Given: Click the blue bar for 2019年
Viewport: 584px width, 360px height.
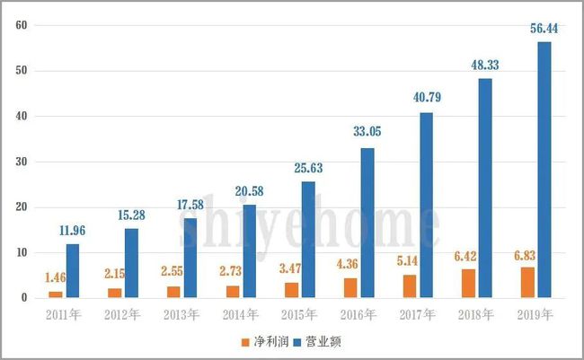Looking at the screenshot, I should coord(544,170).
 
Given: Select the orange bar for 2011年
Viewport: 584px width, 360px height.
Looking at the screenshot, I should coord(56,294).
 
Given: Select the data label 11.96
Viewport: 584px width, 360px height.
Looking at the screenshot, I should coord(72,232).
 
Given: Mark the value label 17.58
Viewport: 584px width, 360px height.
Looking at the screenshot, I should coord(190,206).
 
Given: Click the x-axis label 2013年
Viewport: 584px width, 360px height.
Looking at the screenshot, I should coord(183,314).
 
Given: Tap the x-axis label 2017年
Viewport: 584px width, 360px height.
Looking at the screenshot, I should coord(419,314).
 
